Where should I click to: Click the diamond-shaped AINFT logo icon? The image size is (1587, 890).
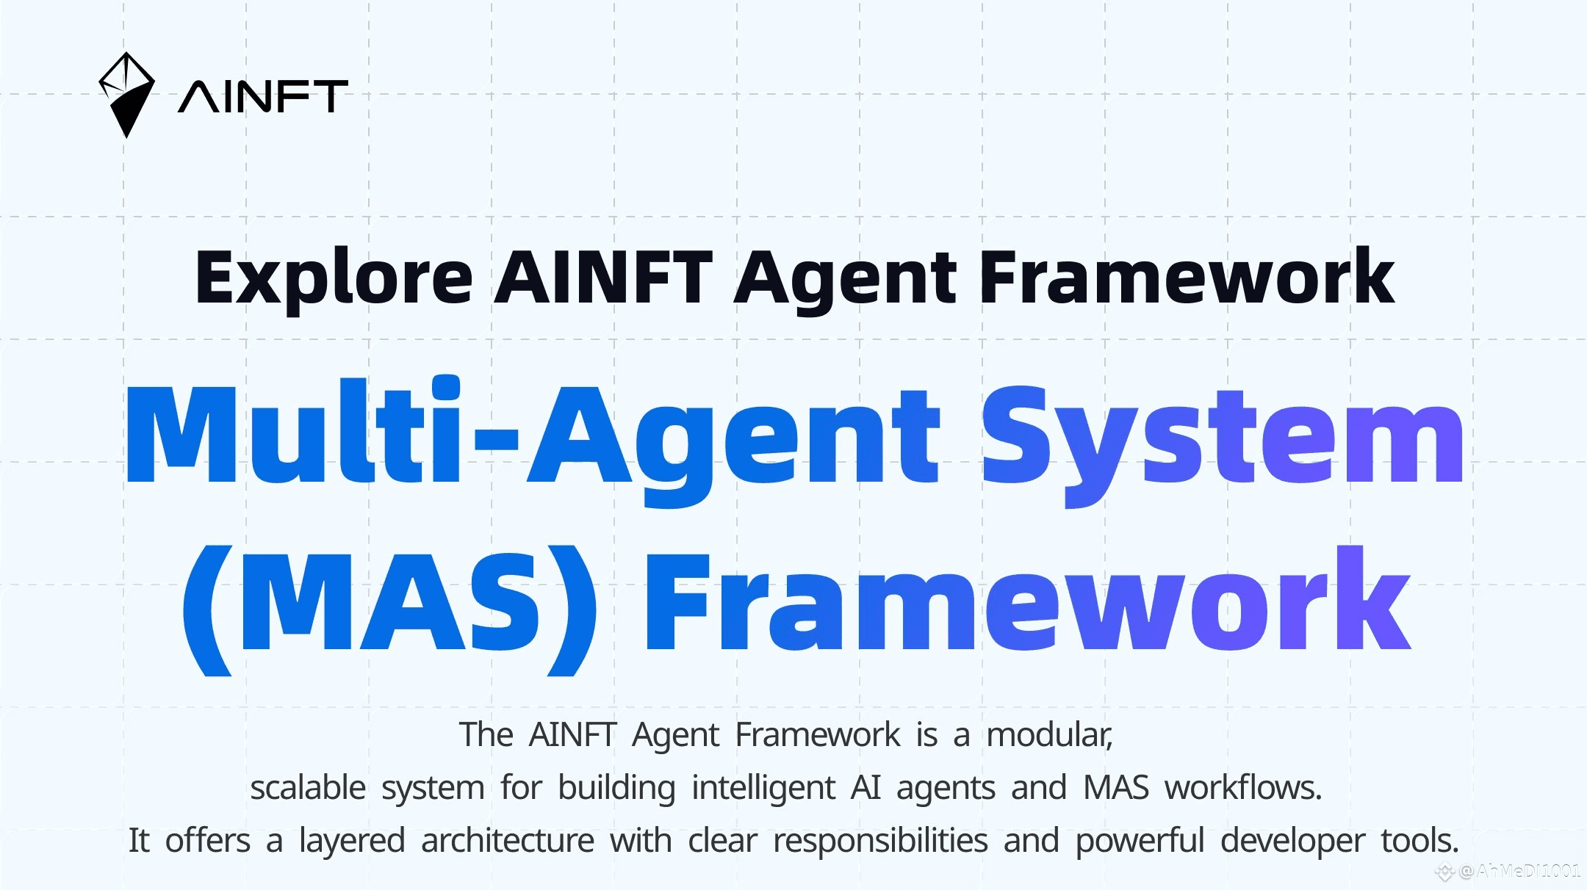click(126, 95)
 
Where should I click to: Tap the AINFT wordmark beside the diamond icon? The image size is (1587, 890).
click(263, 97)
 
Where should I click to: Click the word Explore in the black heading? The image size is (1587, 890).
click(334, 278)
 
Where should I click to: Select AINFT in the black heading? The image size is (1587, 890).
click(603, 277)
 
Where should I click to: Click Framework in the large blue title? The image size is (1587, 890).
click(1028, 599)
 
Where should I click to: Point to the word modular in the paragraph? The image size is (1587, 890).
click(1049, 735)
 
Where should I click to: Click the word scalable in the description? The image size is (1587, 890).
click(308, 788)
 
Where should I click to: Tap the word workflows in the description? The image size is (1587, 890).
click(1243, 788)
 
